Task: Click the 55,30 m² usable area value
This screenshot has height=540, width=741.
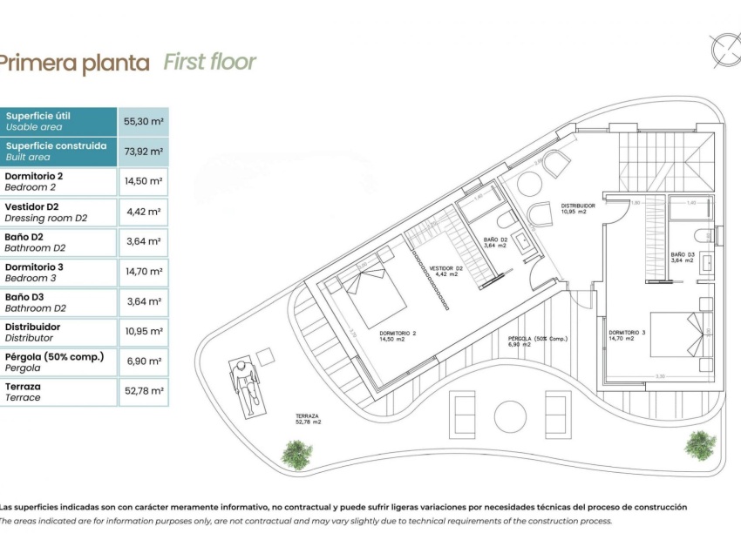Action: coord(145,121)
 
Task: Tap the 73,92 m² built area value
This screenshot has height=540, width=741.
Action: coord(145,152)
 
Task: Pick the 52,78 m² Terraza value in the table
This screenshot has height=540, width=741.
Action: coord(145,391)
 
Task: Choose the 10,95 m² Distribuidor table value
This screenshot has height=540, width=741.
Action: coord(145,331)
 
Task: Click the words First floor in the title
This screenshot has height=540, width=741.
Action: coord(210,62)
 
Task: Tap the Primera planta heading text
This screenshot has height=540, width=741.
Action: coord(74,63)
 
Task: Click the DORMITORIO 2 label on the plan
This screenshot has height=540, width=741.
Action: coord(398,335)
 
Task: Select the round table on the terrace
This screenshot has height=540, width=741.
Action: coord(506,413)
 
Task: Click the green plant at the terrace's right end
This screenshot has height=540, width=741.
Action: coord(699,445)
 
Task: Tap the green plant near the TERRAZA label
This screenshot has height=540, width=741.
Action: coord(297,454)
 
